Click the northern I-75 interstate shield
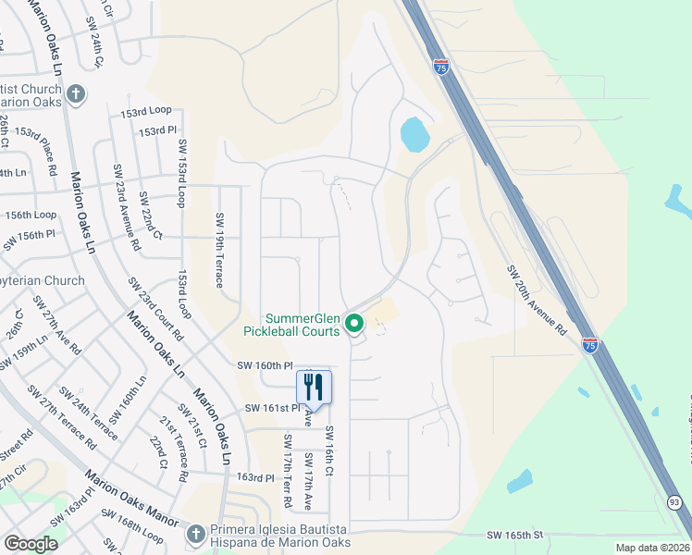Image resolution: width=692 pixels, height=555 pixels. coord(441,68)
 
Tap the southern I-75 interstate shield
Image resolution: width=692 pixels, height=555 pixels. coord(590,344)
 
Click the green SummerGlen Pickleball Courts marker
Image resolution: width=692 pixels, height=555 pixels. coord(353,324)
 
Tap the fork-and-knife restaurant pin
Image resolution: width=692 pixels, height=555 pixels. coord(314,388)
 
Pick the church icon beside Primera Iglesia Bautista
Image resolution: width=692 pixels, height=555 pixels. coord(195,534)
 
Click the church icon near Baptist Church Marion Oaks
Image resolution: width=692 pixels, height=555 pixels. coord(76,93)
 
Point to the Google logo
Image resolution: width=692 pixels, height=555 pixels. coord(31,544)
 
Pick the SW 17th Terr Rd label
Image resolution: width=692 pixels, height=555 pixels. coord(289,471)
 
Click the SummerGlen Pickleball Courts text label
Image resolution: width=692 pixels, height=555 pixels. coord(291,324)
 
